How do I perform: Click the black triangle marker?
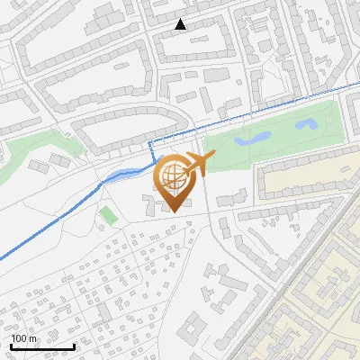(181, 24)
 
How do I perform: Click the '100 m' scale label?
(25, 338)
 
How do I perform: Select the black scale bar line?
(42, 346)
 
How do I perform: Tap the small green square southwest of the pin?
(108, 215)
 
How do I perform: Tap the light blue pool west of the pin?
(118, 174)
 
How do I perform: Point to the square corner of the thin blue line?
(149, 142)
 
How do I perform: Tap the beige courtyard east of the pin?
(306, 180)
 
